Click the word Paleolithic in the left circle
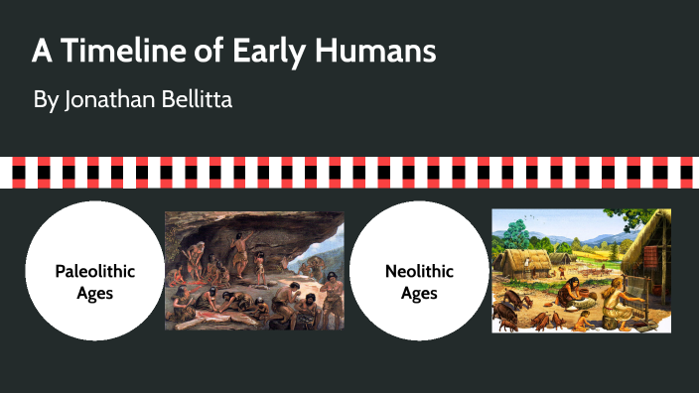coord(94,270)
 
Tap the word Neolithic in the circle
coord(419,270)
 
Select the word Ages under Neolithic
coord(419,293)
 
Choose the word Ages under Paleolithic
coord(94,293)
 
